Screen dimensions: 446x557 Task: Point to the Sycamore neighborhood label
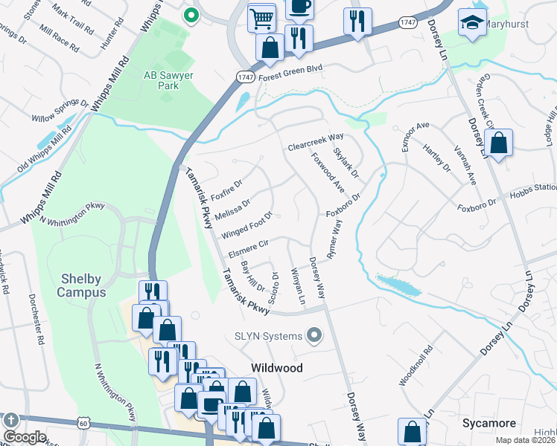(488, 423)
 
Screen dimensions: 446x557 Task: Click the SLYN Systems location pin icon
(314, 336)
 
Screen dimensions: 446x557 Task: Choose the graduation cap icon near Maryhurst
(471, 23)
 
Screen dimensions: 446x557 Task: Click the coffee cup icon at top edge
(299, 7)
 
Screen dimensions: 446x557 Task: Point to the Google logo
(25, 437)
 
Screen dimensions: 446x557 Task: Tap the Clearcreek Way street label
(316, 141)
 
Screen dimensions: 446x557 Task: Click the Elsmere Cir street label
(247, 248)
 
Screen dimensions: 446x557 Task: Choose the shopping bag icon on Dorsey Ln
(498, 143)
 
